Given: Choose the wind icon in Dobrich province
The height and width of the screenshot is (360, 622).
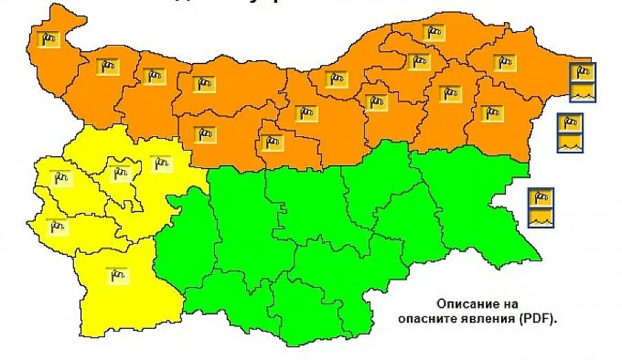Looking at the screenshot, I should [504, 62].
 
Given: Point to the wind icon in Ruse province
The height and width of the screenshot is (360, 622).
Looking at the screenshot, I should [337, 79].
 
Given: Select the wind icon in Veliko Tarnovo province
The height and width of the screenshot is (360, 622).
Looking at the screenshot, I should [305, 113].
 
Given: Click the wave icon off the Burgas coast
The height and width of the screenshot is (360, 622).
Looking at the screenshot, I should [540, 217].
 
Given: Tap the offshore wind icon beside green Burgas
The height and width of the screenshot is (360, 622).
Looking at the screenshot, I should [540, 198].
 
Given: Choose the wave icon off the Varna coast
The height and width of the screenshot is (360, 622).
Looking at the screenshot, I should [570, 142].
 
